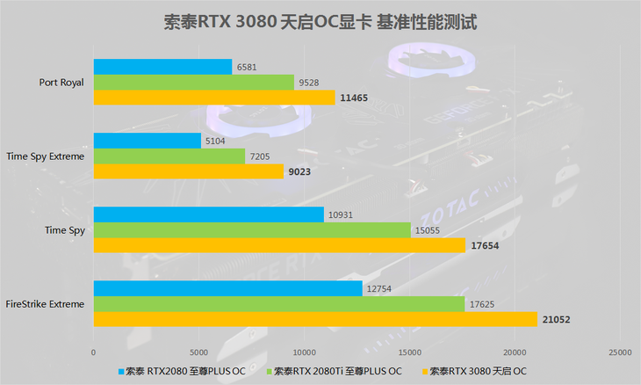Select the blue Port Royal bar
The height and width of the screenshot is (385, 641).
click(x=162, y=67)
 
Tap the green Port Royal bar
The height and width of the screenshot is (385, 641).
click(x=193, y=82)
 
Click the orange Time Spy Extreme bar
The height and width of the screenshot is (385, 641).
click(x=188, y=171)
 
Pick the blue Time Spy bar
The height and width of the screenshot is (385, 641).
click(x=208, y=214)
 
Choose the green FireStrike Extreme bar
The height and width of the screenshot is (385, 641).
click(x=278, y=303)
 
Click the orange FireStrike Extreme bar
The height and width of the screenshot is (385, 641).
click(x=314, y=319)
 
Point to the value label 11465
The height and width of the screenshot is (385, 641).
click(x=353, y=98)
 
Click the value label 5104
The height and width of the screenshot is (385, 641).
click(x=216, y=141)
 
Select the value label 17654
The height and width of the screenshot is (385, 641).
click(x=485, y=246)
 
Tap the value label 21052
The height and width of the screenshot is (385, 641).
click(x=555, y=320)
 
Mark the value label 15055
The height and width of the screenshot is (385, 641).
click(x=427, y=230)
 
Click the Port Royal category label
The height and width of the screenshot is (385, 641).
click(x=61, y=83)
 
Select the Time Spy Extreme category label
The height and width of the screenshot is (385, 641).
click(x=46, y=156)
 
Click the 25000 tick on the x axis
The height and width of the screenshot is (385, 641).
click(x=619, y=352)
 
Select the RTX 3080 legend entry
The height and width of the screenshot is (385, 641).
click(x=479, y=370)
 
